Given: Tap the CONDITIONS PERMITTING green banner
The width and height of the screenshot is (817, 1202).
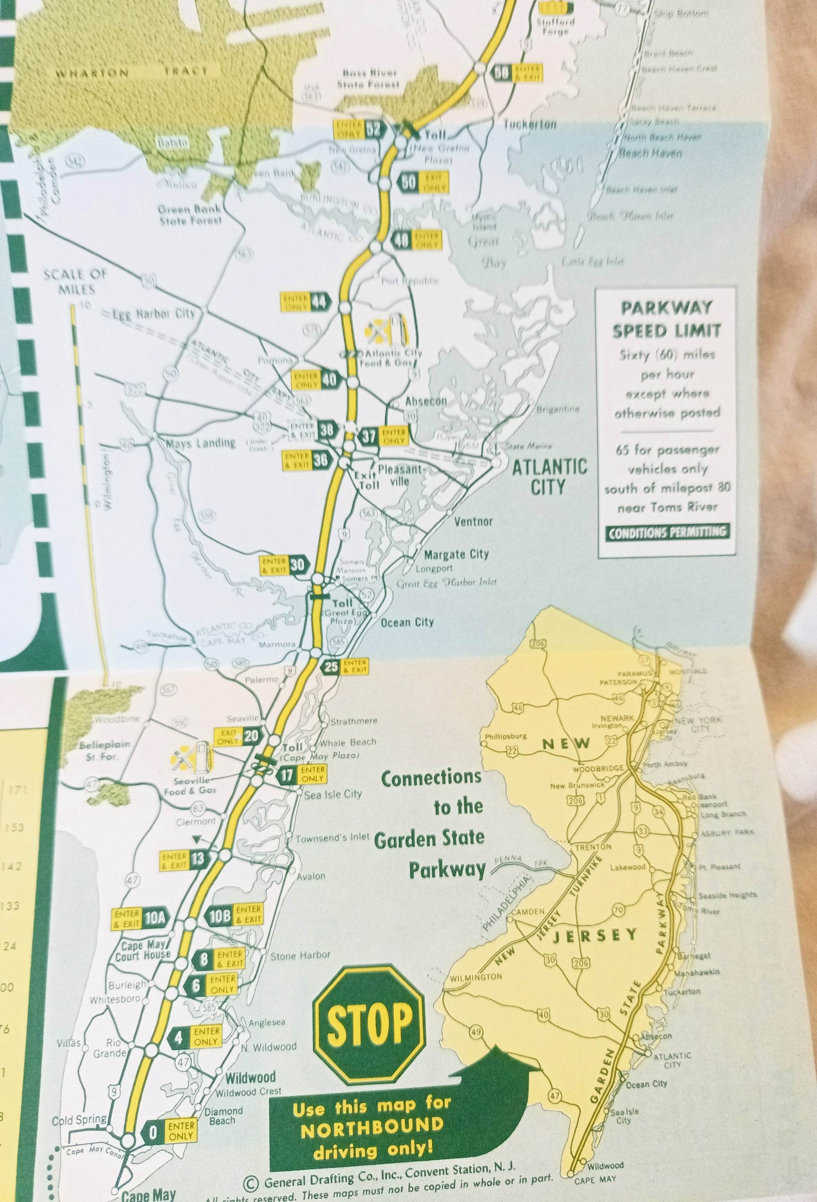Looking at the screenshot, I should coord(667,533).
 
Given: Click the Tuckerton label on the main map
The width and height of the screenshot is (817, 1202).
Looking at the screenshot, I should coord(530,125).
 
